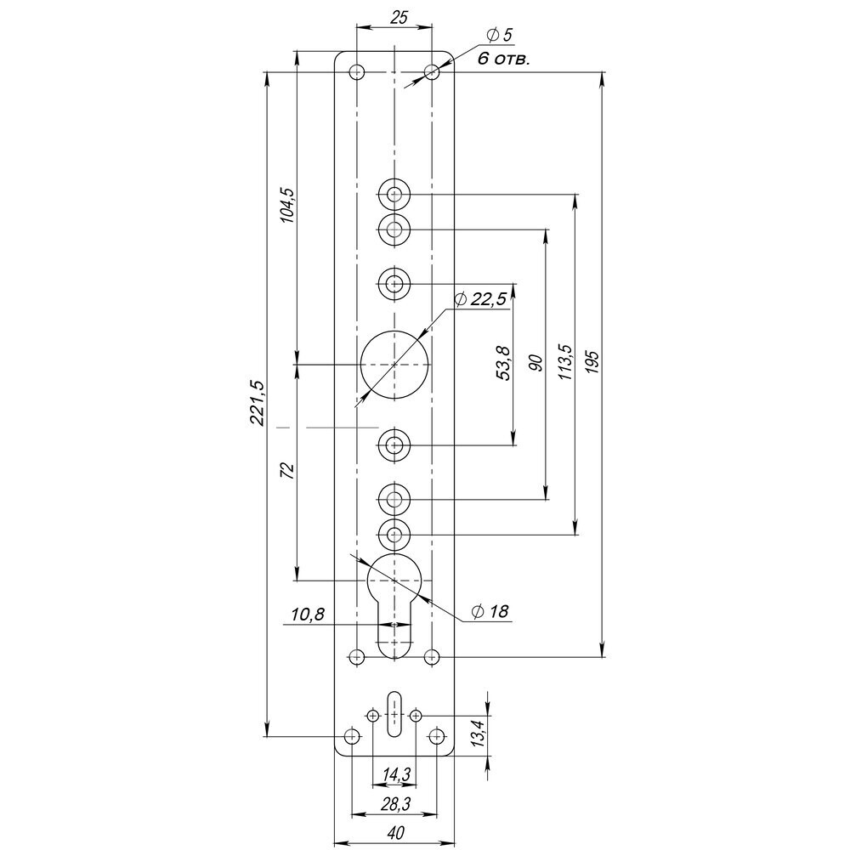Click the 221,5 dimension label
259,402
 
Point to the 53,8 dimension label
503,363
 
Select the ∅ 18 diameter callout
490,611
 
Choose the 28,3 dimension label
394,803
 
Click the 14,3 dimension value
394,774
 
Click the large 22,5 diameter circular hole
394,364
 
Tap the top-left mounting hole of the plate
357,71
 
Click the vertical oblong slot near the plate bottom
394,714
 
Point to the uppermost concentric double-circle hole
394,195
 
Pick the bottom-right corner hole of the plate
437,736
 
